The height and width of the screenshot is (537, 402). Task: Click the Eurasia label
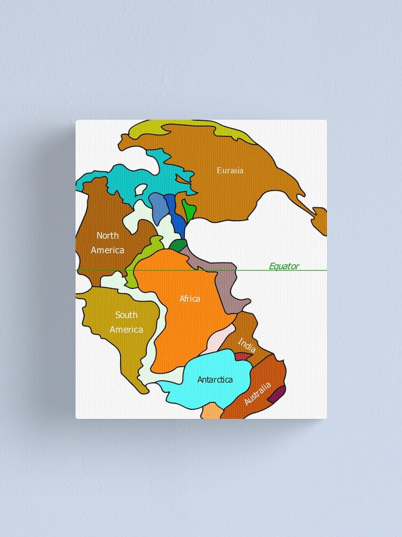point(230,170)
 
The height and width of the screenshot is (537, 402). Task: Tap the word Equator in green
point(284,266)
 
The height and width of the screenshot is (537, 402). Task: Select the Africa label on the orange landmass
point(190,299)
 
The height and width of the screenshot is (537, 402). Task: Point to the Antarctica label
point(215,380)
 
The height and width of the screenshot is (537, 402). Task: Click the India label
point(247,345)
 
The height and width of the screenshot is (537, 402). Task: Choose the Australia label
point(257,394)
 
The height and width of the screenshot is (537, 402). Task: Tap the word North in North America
point(108,235)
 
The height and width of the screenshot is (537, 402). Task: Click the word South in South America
point(126,315)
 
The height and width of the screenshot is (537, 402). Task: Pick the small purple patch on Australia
point(277,396)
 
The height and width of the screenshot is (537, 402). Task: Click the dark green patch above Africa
point(177,245)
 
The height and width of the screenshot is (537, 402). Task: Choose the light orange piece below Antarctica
point(212,411)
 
